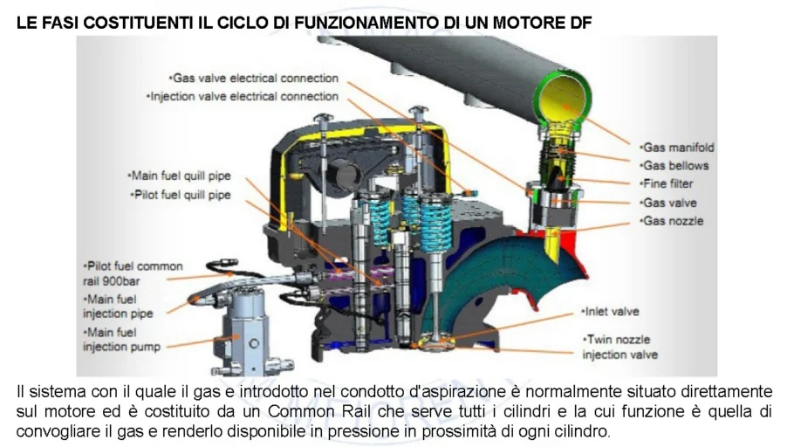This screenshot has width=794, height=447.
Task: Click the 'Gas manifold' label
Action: (677, 148)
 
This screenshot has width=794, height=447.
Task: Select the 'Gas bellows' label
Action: (675, 166)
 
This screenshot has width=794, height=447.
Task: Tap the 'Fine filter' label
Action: (669, 184)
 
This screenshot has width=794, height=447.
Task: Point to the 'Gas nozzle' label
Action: (673, 222)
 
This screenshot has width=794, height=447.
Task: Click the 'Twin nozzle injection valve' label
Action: (619, 347)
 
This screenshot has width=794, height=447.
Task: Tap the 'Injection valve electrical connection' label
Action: (243, 97)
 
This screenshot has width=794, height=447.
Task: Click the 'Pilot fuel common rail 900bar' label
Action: (133, 273)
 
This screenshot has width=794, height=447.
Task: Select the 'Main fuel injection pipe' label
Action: (119, 306)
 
